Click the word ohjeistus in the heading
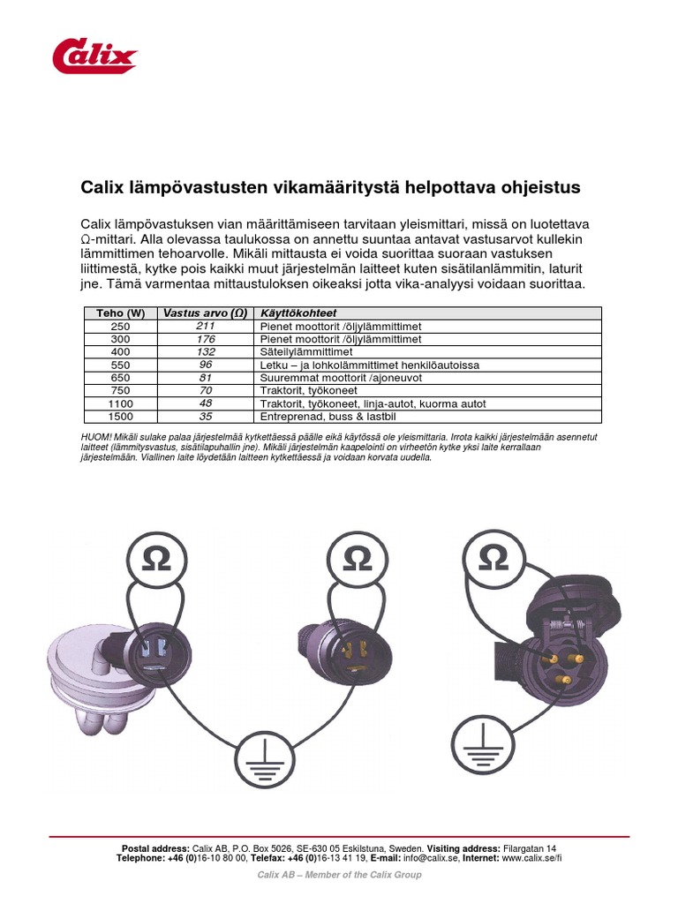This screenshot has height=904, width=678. click(539, 187)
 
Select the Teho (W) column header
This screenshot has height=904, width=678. click(120, 313)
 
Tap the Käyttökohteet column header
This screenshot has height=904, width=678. click(298, 313)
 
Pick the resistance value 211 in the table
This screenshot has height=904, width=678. click(206, 326)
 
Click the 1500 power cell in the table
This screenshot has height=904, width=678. click(120, 416)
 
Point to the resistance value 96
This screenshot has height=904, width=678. click(206, 364)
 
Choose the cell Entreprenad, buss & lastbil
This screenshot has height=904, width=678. click(327, 416)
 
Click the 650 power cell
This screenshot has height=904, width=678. click(120, 377)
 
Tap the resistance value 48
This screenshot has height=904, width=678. click(206, 403)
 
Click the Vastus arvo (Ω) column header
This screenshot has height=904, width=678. click(205, 313)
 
